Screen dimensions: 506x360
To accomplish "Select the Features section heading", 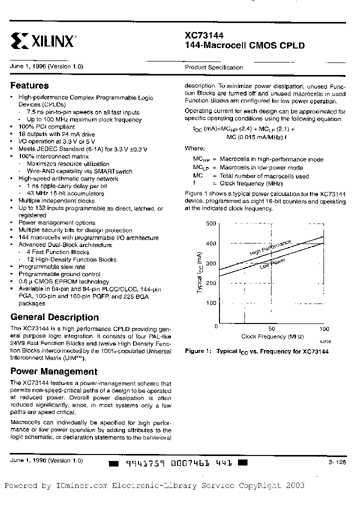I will [x=29, y=85].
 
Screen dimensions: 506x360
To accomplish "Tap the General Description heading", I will [x=54, y=317].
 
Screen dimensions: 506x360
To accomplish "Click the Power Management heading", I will [x=53, y=371].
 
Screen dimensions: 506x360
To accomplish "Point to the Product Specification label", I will [x=214, y=67].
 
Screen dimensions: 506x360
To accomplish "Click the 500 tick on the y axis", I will [x=211, y=223].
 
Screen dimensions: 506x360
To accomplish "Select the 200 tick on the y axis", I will [x=211, y=283].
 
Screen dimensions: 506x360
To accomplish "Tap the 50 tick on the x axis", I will [x=271, y=329].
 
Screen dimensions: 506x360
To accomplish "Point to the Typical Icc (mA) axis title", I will [x=199, y=273].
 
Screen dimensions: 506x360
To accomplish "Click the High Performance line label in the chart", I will [x=270, y=248].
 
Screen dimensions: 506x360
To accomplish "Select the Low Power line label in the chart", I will [x=272, y=263].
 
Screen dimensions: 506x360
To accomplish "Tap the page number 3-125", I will [x=337, y=463].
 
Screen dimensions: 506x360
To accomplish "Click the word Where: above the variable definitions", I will [x=194, y=148].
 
